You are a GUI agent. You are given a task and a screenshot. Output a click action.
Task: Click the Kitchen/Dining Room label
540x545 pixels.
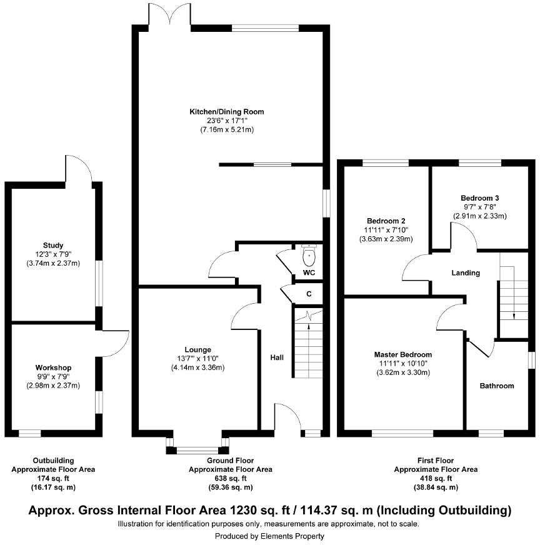[227, 111]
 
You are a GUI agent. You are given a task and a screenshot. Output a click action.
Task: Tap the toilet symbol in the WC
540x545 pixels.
[309, 255]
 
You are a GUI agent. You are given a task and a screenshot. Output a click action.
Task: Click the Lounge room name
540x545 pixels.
[197, 349]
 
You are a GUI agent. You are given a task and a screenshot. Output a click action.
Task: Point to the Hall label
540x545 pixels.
[277, 357]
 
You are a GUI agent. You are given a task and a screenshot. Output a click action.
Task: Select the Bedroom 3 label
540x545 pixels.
[479, 197]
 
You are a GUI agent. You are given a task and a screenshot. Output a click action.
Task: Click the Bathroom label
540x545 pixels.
[497, 386]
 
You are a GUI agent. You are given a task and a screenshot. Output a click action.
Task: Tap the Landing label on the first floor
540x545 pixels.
[466, 272]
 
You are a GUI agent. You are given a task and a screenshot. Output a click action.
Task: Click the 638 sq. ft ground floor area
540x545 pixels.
[231, 478]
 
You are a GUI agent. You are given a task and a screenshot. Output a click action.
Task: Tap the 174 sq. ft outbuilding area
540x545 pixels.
[54, 478]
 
